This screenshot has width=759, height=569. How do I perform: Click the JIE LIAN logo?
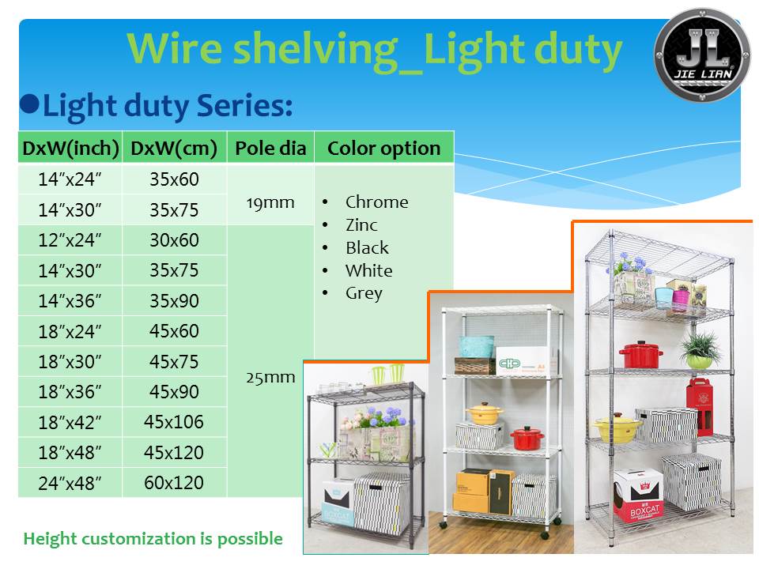point(701,55)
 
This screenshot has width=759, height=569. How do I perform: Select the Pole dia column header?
point(270,148)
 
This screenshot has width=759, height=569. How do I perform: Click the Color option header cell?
point(383,148)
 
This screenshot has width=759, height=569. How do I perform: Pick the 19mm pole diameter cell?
point(270,202)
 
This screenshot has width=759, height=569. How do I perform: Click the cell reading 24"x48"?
point(70,483)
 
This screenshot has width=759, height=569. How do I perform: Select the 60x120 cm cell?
point(174,482)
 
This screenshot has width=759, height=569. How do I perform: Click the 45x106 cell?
point(174,422)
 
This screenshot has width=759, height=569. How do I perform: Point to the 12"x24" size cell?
point(70,240)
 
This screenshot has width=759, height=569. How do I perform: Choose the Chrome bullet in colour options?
point(376,202)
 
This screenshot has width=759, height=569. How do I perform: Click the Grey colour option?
point(364,293)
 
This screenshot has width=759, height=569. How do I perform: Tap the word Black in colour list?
point(367,248)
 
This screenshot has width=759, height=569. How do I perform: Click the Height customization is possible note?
point(153,539)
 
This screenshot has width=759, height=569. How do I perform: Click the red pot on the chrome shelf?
point(640,355)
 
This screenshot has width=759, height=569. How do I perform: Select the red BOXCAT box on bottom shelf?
point(637,496)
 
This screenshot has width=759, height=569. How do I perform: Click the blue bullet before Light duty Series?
point(29,104)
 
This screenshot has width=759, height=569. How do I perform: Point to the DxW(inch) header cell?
point(70,148)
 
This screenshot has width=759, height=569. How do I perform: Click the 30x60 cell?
point(174,240)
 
